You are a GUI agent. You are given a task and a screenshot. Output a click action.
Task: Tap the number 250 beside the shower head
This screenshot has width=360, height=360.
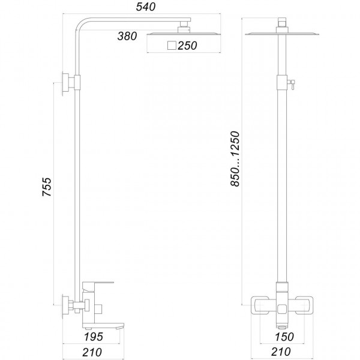pos(187,46)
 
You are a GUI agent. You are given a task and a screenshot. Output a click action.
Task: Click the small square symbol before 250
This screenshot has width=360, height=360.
pos(171,46)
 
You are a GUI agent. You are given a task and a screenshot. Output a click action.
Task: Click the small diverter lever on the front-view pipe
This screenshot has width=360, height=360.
pos(292,83)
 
